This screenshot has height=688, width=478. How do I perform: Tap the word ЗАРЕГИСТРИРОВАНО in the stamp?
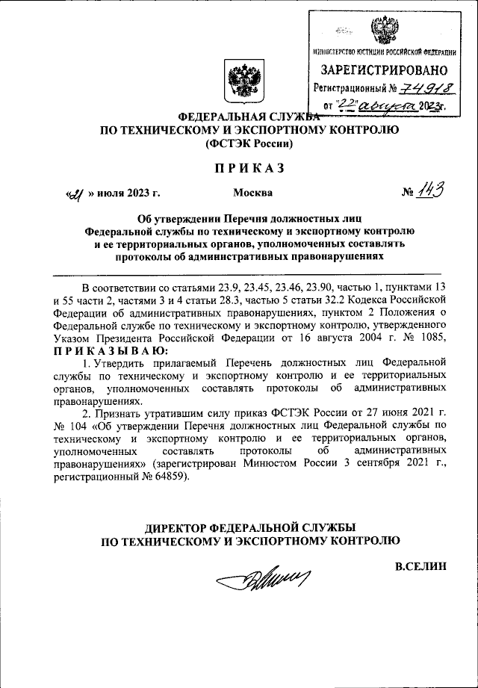(384, 70)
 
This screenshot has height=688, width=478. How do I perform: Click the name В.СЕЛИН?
(420, 565)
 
